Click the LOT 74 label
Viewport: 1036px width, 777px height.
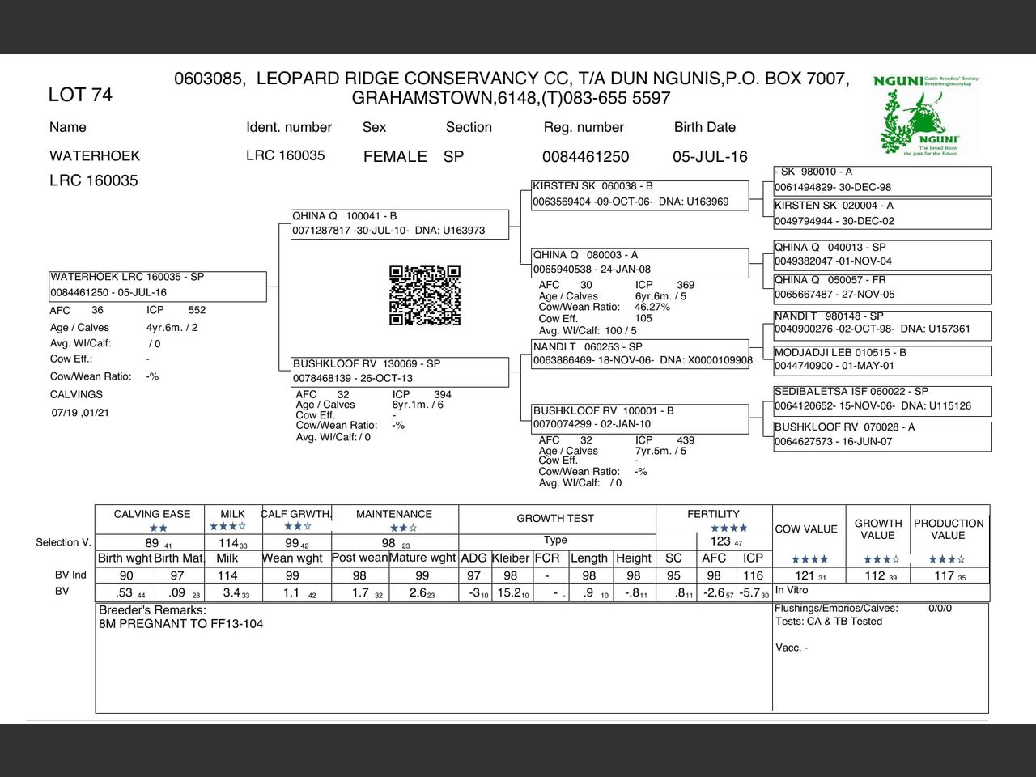80,95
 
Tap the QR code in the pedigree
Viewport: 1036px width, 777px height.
425,295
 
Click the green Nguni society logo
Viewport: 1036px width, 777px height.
926,116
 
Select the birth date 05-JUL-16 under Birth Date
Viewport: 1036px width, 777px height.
710,157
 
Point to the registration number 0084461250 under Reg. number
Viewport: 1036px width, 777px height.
585,157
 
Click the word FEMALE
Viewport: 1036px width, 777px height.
395,157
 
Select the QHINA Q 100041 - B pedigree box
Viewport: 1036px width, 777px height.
400,223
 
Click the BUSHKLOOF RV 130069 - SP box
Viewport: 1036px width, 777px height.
400,372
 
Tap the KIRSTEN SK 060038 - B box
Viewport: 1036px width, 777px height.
639,194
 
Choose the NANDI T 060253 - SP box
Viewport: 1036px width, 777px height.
639,354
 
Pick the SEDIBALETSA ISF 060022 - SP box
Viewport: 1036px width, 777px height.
882,399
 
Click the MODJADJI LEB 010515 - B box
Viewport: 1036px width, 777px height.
882,360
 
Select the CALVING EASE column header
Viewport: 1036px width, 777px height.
152,514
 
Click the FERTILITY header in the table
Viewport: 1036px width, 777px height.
713,514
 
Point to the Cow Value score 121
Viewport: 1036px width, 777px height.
805,575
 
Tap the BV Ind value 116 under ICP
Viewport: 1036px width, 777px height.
753,575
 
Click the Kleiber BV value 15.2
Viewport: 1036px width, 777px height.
510,592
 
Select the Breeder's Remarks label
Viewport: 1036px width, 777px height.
152,610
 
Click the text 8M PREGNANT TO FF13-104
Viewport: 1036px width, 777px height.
181,624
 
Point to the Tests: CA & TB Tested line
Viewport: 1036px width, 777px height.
829,622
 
